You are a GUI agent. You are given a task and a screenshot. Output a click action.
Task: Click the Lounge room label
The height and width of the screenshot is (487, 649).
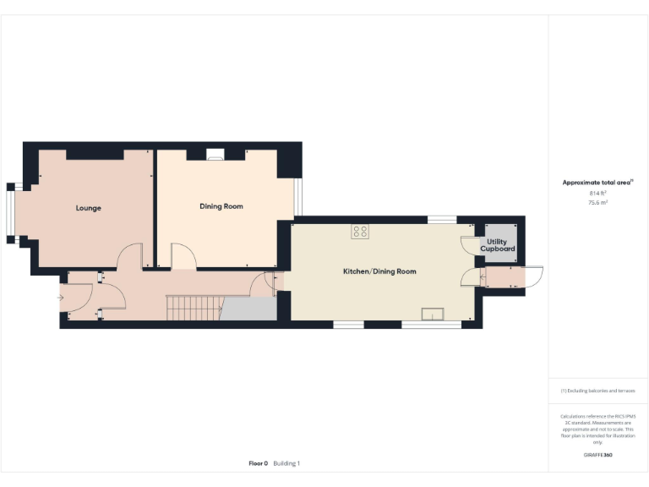88,208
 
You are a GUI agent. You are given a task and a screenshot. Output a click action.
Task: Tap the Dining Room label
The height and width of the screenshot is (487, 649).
221,206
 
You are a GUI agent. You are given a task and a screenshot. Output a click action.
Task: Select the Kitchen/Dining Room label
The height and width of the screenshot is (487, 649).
379,271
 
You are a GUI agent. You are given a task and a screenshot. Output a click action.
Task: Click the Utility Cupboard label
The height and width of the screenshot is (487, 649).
498,245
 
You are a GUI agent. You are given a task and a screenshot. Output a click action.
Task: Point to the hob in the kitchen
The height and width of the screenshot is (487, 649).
360,231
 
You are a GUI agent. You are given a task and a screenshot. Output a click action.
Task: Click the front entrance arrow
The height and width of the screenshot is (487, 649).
59,298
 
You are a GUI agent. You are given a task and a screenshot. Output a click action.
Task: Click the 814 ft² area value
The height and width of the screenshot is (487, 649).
598,194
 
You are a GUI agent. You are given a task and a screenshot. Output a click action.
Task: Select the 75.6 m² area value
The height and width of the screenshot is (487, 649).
598,203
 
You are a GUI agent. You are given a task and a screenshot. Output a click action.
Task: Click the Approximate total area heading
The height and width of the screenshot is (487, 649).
597,182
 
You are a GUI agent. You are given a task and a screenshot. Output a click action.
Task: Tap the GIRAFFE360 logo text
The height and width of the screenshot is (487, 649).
597,456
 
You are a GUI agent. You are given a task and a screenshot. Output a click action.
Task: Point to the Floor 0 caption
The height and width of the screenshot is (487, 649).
258,463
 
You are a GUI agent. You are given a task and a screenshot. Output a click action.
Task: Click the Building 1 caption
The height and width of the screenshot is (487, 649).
286,463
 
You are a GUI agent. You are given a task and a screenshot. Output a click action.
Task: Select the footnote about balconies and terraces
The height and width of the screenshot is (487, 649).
597,391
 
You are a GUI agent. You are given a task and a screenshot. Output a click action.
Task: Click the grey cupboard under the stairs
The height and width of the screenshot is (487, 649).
248,309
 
